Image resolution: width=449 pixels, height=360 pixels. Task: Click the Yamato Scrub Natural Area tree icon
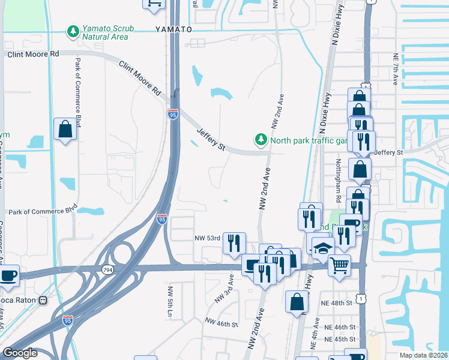pyautogui.click(x=73, y=31)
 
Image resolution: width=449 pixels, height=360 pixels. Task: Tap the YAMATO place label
pyautogui.click(x=173, y=29)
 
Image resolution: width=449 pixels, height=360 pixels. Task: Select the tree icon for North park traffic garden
pyautogui.click(x=261, y=140)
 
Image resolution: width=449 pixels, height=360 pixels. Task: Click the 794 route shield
pyautogui.click(x=107, y=271)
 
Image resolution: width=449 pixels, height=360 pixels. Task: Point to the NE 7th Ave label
pyautogui.click(x=396, y=70)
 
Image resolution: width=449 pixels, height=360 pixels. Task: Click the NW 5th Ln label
pyautogui.click(x=170, y=299)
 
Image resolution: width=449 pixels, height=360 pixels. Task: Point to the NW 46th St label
pyautogui.click(x=221, y=324)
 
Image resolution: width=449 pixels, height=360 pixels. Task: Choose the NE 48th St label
pyautogui.click(x=336, y=303)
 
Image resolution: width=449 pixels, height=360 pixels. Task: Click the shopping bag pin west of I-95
pyautogui.click(x=65, y=129)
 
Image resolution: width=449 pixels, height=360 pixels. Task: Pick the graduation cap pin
pyautogui.click(x=323, y=248)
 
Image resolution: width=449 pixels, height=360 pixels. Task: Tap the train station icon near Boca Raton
pyautogui.click(x=43, y=300)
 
